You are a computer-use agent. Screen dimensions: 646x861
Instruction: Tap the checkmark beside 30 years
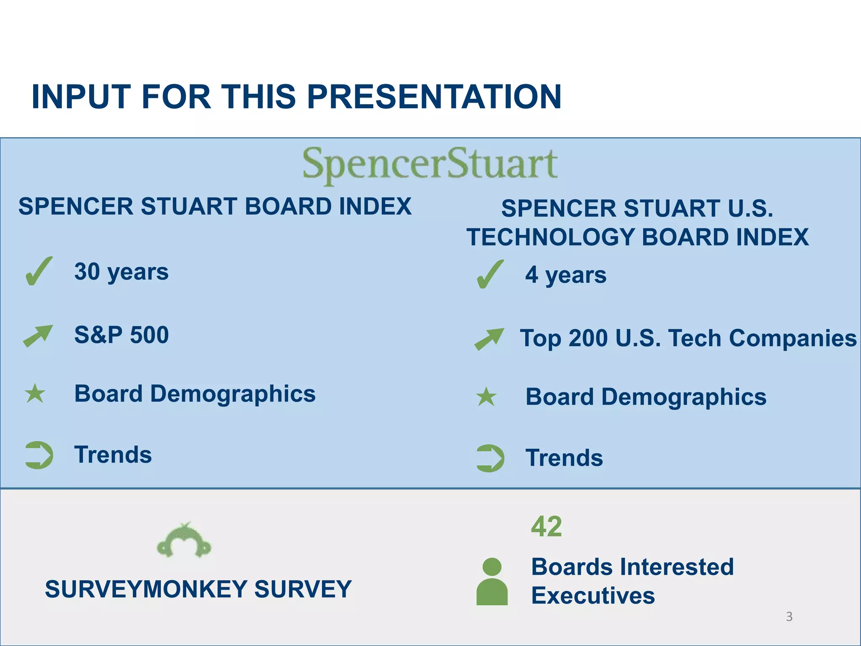pos(39,271)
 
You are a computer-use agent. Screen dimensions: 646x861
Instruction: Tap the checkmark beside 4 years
pos(490,274)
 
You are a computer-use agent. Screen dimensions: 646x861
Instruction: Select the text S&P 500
pos(121,335)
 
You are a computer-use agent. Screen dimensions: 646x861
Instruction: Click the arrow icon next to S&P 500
pos(38,336)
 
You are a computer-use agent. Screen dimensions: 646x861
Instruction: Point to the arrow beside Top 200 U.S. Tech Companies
pos(489,339)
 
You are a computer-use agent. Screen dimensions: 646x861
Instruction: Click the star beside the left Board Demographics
pos(35,394)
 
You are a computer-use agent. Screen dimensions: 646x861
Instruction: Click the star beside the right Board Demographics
pos(486,397)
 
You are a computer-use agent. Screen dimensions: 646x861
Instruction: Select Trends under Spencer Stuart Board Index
pos(113,455)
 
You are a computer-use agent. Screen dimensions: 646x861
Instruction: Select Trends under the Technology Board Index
pos(564,458)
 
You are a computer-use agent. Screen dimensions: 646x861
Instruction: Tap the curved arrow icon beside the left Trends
pos(39,455)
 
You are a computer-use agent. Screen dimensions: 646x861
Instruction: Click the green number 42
pos(546,526)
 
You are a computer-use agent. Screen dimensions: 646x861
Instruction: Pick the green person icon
pos(492,582)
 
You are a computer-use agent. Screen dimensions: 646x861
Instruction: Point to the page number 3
pos(789,617)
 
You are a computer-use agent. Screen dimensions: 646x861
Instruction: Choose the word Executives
pos(593,596)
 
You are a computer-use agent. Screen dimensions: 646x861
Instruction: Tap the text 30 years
pos(121,272)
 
